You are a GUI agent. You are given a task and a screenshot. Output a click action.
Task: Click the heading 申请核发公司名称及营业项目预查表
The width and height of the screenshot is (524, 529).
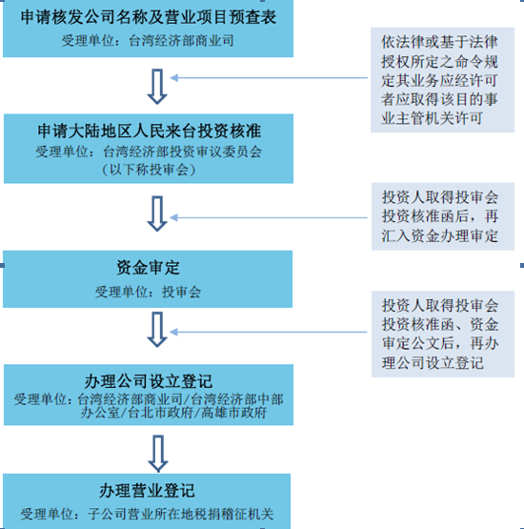pyautogui.click(x=149, y=17)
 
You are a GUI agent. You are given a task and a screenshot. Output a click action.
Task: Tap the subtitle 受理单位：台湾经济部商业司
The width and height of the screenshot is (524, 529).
pyautogui.click(x=148, y=40)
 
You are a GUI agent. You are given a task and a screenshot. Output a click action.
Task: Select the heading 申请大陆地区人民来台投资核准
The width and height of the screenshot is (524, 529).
pyautogui.click(x=149, y=131)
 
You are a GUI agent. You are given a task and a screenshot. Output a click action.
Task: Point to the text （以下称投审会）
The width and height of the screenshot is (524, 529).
pyautogui.click(x=149, y=170)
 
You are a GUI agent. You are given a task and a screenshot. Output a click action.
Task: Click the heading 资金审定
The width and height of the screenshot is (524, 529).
pyautogui.click(x=148, y=268)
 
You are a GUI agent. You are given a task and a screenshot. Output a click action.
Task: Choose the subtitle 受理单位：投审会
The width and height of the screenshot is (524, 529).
pyautogui.click(x=148, y=292)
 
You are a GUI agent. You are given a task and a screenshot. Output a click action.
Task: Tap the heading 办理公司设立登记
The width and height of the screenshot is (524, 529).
pyautogui.click(x=149, y=381)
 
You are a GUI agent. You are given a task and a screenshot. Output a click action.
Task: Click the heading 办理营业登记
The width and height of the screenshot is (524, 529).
pyautogui.click(x=147, y=491)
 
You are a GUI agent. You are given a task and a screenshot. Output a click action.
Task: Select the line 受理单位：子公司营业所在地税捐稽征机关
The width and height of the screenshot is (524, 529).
pyautogui.click(x=147, y=514)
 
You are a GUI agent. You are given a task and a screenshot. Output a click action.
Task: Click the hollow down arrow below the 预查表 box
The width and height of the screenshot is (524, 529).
pyautogui.click(x=157, y=87)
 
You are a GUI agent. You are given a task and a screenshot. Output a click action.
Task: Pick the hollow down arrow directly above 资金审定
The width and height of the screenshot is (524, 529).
pyautogui.click(x=157, y=214)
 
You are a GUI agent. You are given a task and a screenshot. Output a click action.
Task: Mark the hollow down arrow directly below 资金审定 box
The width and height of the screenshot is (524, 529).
pyautogui.click(x=157, y=330)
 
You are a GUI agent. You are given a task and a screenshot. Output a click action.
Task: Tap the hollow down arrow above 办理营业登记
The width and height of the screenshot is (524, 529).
pyautogui.click(x=158, y=454)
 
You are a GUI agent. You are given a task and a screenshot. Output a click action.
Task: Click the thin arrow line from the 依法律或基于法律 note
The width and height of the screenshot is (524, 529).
pyautogui.click(x=269, y=78)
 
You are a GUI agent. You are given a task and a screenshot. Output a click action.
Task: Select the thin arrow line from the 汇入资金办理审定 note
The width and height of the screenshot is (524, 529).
pyautogui.click(x=269, y=217)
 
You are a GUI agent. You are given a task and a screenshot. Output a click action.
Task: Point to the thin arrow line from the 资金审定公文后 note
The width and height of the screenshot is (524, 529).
pyautogui.click(x=269, y=333)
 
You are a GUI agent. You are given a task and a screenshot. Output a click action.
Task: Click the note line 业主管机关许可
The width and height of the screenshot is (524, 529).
pyautogui.click(x=432, y=118)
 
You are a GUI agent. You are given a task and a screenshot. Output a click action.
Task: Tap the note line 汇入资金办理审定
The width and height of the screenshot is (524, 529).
pyautogui.click(x=440, y=235)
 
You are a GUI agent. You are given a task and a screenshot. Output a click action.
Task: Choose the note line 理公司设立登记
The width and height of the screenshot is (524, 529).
pyautogui.click(x=433, y=363)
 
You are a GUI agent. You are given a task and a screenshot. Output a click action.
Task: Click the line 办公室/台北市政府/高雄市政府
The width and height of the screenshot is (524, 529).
pyautogui.click(x=173, y=413)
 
